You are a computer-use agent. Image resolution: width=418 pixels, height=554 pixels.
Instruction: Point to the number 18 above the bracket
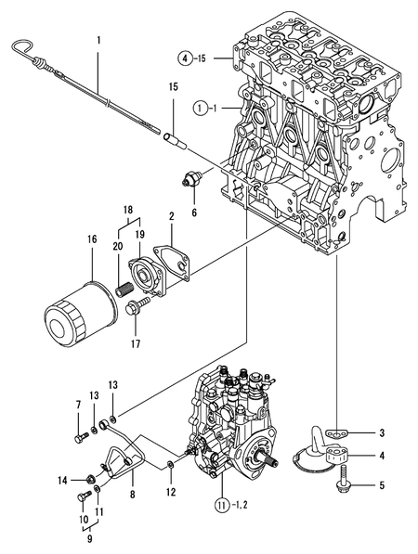tap(128, 212)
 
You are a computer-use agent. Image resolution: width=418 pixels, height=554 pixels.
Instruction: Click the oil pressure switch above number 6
tap(193, 179)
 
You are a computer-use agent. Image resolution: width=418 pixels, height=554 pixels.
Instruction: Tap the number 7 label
tap(77, 404)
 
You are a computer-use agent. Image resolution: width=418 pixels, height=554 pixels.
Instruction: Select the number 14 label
tap(61, 480)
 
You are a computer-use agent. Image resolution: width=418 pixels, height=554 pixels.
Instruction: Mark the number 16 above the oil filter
tap(91, 239)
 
